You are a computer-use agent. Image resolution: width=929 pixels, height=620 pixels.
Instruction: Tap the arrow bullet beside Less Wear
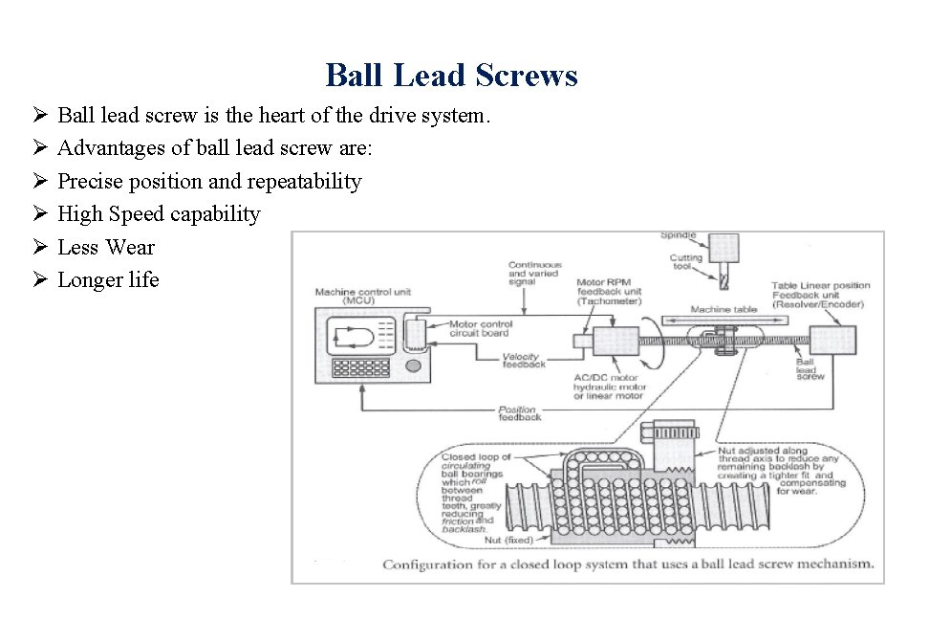click(x=40, y=247)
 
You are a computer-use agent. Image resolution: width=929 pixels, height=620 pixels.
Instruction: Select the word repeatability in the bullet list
click(x=305, y=181)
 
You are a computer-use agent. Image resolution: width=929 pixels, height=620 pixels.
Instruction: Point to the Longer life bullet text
click(x=108, y=279)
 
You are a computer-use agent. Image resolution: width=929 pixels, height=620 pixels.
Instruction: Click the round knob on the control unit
click(x=413, y=365)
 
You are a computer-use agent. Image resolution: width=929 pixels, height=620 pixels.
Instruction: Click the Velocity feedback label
click(x=523, y=361)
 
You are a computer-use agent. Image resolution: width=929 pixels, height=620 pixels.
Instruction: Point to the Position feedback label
click(x=519, y=413)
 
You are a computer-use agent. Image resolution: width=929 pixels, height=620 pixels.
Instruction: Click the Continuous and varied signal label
click(x=534, y=275)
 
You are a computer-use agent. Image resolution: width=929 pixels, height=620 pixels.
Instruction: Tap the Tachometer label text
click(x=608, y=300)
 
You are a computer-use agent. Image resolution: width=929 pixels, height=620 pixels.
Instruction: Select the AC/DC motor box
click(x=616, y=341)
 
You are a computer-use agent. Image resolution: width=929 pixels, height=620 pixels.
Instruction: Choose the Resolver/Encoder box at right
click(x=832, y=340)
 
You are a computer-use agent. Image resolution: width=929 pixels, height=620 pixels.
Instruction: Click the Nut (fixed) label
click(x=508, y=541)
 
